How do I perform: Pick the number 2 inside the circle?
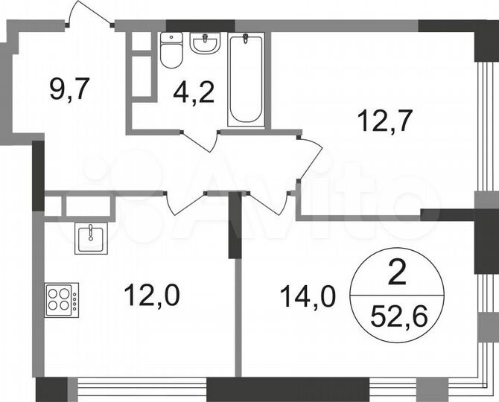[x=398, y=275]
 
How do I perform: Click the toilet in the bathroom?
[x=171, y=51]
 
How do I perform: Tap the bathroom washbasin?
[x=204, y=45]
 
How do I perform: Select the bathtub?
[x=247, y=79]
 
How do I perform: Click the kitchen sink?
[x=91, y=238]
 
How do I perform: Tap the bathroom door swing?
[x=200, y=141]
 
